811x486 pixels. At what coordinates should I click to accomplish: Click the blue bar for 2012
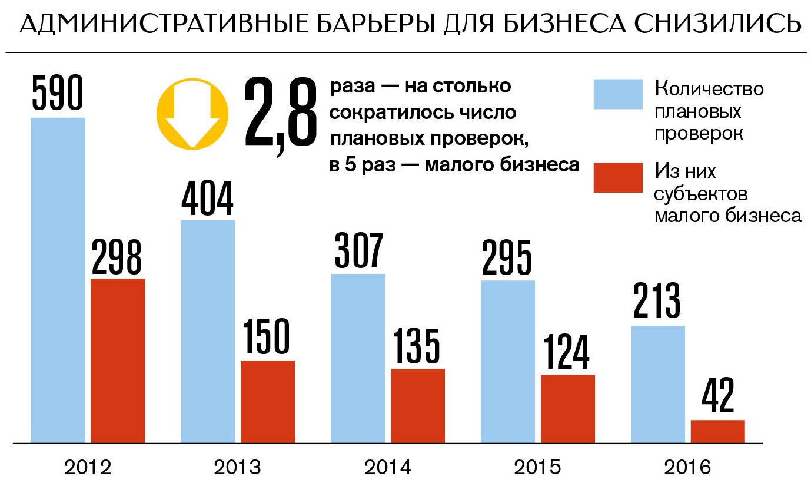58,280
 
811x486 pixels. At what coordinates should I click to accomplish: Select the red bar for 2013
268,401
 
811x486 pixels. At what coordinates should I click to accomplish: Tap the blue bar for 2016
658,383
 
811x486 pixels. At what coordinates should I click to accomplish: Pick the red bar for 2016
717,431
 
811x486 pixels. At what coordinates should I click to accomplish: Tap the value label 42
717,398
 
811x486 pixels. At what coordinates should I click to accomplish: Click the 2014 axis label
388,468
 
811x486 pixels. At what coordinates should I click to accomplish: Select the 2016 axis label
687,468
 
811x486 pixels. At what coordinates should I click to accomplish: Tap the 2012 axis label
88,468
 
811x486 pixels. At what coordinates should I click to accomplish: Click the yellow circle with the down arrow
192,114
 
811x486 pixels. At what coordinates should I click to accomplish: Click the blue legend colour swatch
617,95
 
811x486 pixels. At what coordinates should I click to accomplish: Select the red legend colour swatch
617,177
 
